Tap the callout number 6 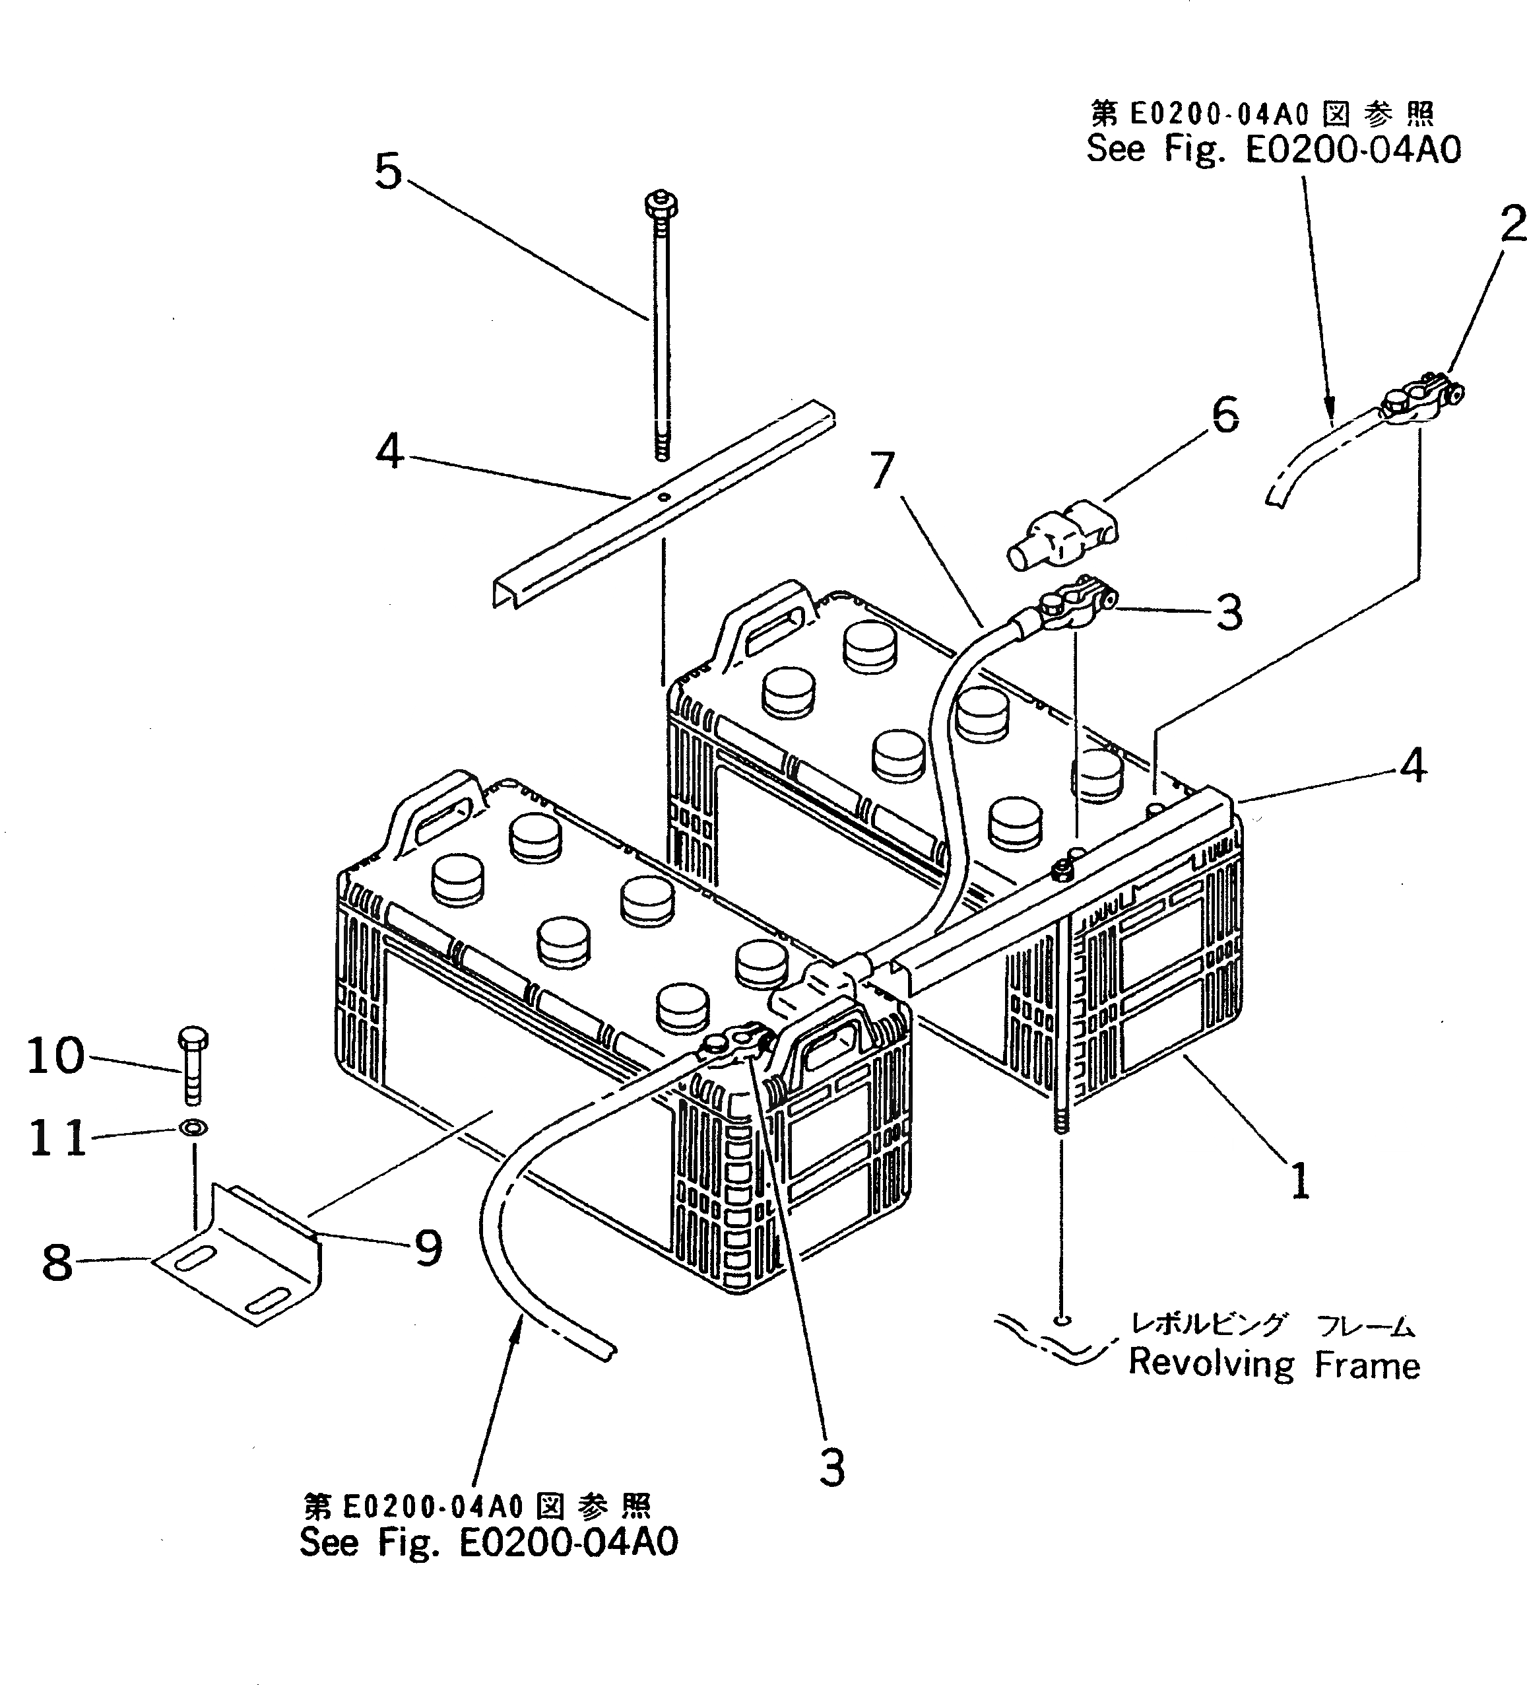1225,415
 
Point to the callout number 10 55,1056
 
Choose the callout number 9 428,1249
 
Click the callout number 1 1300,1182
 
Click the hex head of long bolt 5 661,205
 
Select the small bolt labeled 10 192,1066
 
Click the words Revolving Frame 1274,1365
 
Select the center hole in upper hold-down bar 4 664,498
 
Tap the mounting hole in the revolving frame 1061,1319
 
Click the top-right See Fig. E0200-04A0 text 1273,151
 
